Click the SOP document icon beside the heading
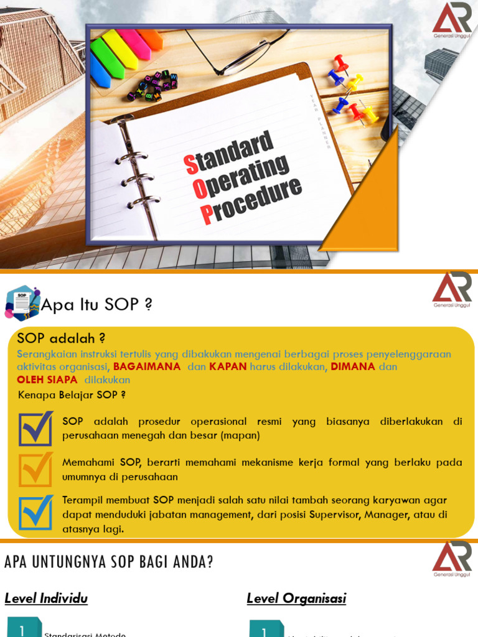click(x=22, y=303)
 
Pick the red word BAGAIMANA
click(x=147, y=366)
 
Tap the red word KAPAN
click(x=228, y=366)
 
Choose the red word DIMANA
click(x=353, y=366)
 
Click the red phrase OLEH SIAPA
click(x=47, y=379)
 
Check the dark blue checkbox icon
click(x=35, y=429)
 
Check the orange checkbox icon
click(x=35, y=470)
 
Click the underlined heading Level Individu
click(x=46, y=598)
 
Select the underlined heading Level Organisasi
click(x=296, y=598)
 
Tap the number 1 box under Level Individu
click(x=23, y=628)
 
